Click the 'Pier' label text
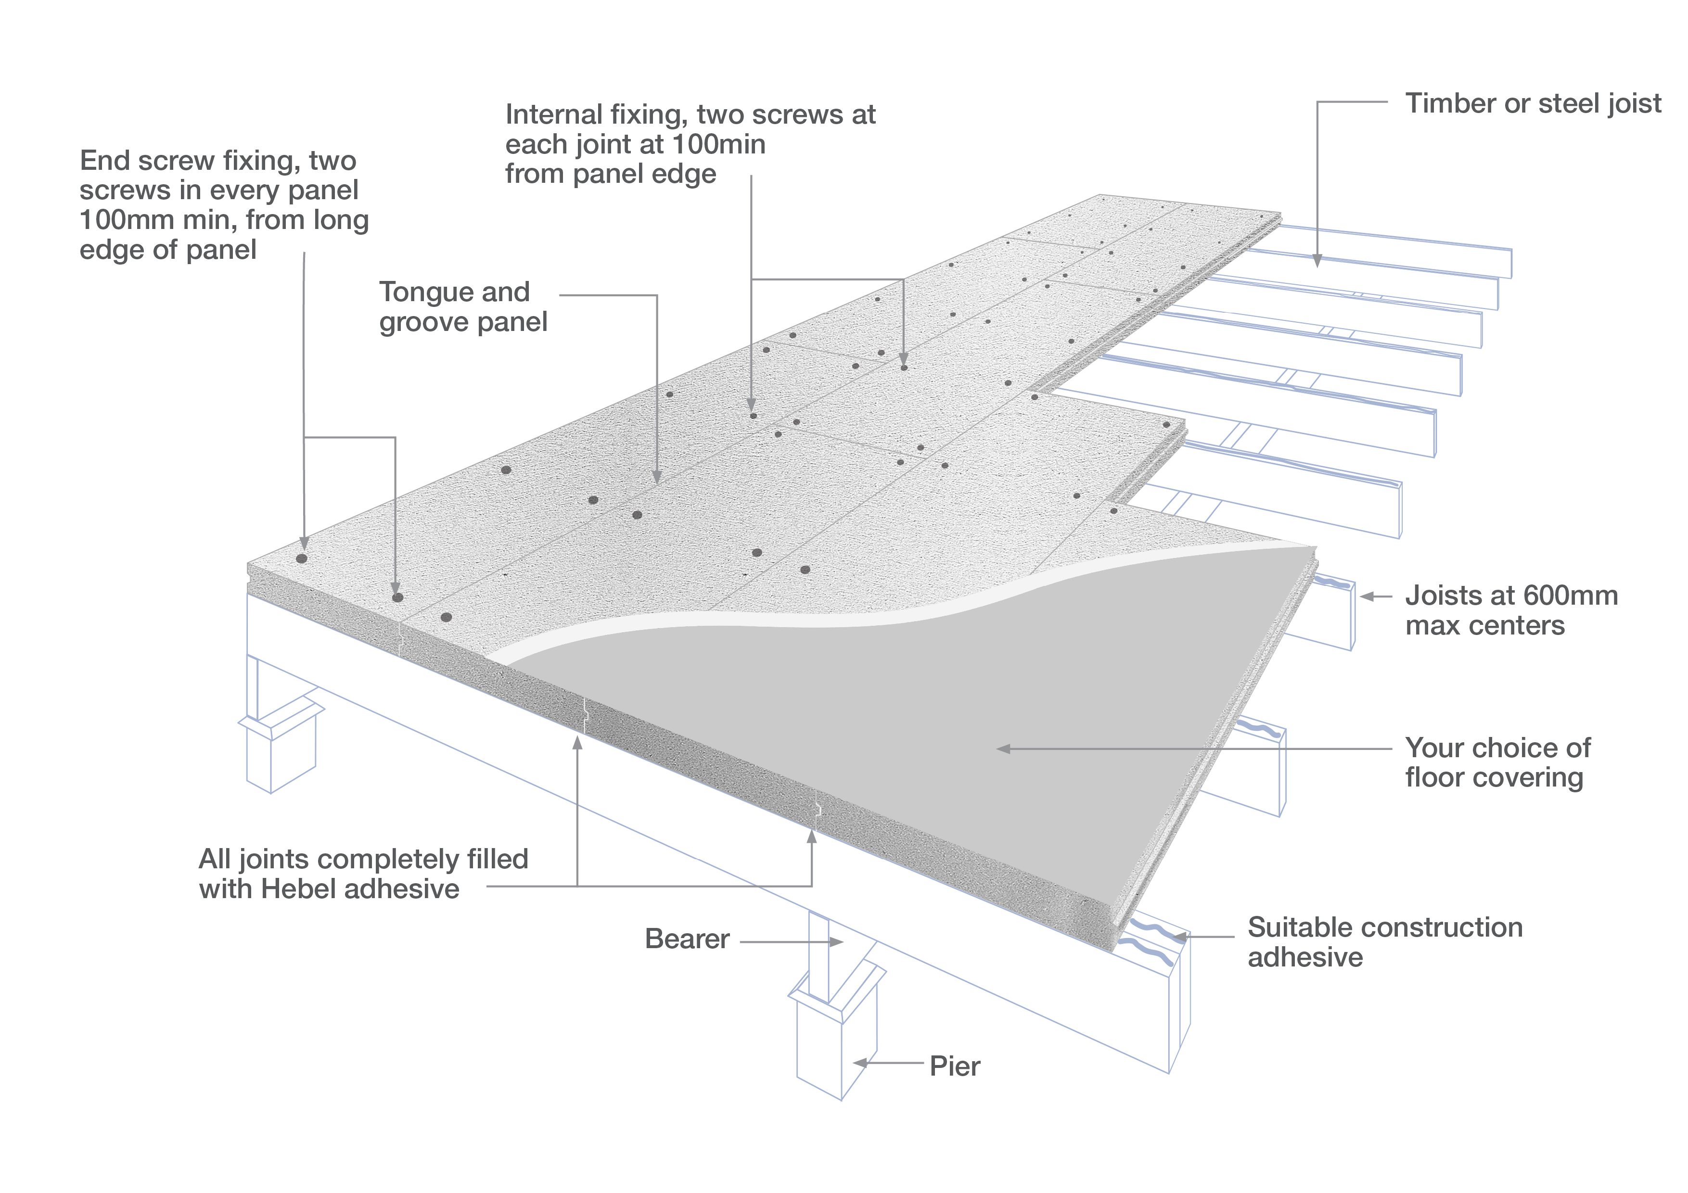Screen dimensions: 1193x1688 click(954, 1066)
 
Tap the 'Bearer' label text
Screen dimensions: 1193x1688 click(687, 939)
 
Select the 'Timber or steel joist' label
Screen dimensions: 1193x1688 click(1533, 103)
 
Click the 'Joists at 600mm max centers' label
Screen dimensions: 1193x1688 click(1511, 610)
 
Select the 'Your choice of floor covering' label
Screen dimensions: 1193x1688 click(1497, 762)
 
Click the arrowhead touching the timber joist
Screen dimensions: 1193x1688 click(1317, 260)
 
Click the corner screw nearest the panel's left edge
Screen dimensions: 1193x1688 click(301, 558)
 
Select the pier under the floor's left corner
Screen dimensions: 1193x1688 click(280, 750)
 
